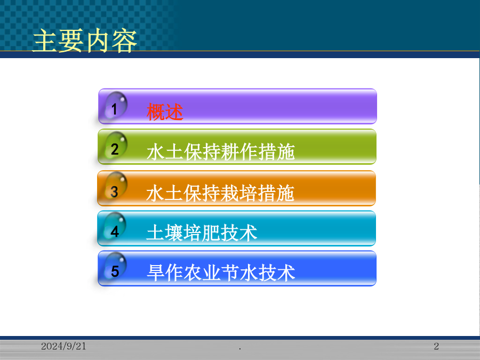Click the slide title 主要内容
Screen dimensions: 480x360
coord(84,41)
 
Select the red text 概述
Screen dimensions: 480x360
coord(165,111)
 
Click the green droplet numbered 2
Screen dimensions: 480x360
coord(115,146)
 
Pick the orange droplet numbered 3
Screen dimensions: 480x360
coord(115,186)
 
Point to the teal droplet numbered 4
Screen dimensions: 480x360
coord(115,227)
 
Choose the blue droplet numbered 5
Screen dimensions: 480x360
coord(115,266)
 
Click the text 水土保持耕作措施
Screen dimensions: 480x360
coord(221,151)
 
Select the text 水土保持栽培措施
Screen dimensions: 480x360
coord(220,193)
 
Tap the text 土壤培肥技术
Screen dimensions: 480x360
coord(202,233)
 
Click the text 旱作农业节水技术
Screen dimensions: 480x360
coord(221,273)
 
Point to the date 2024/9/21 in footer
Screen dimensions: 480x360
coord(63,346)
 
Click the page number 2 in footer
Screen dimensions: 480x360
coord(436,346)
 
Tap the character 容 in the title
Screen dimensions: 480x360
coord(124,41)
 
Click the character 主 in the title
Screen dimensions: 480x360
coord(45,41)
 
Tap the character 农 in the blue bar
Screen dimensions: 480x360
coord(193,273)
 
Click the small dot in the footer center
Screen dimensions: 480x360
coord(239,348)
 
